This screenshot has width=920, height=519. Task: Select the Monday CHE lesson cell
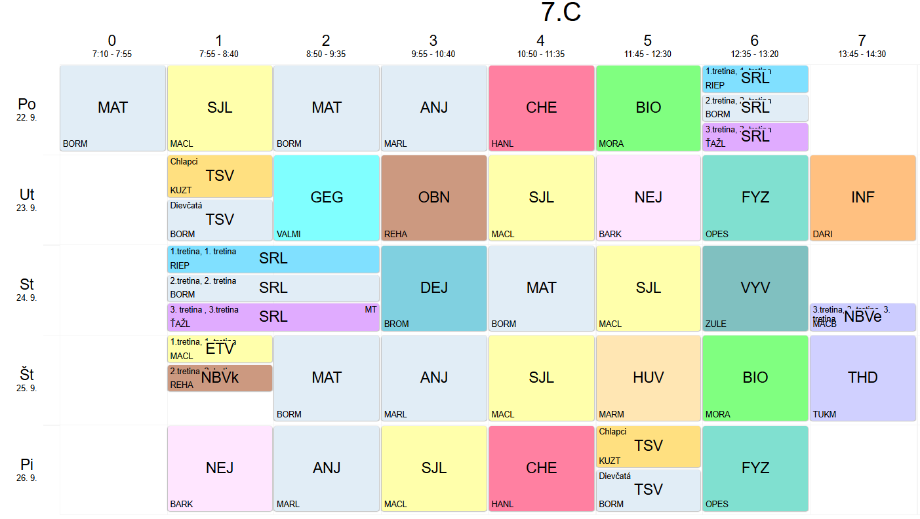click(x=541, y=108)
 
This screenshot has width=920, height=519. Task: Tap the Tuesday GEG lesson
click(x=327, y=198)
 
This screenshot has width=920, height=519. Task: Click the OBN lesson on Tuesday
click(x=434, y=198)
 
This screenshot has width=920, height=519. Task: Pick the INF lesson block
click(x=862, y=198)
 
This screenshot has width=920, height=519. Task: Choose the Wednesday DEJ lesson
click(x=434, y=288)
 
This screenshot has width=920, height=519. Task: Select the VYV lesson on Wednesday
click(x=755, y=288)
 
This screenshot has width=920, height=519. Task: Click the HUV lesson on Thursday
click(x=648, y=378)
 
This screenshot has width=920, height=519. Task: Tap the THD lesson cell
click(x=862, y=378)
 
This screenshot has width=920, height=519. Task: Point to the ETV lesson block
click(x=220, y=349)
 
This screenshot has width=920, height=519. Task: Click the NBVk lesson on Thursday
click(x=220, y=378)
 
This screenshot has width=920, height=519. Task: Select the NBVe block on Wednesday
click(x=862, y=317)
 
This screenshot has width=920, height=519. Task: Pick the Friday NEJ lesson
click(x=220, y=468)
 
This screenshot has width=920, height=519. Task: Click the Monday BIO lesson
click(x=648, y=108)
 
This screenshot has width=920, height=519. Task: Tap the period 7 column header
click(x=862, y=41)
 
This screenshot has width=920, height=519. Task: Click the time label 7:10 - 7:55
click(x=112, y=54)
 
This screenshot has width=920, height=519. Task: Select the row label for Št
click(x=27, y=375)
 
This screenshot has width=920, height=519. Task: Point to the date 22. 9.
click(x=27, y=118)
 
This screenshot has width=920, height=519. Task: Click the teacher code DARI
click(x=822, y=234)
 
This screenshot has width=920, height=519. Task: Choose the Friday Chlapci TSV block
click(x=648, y=446)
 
